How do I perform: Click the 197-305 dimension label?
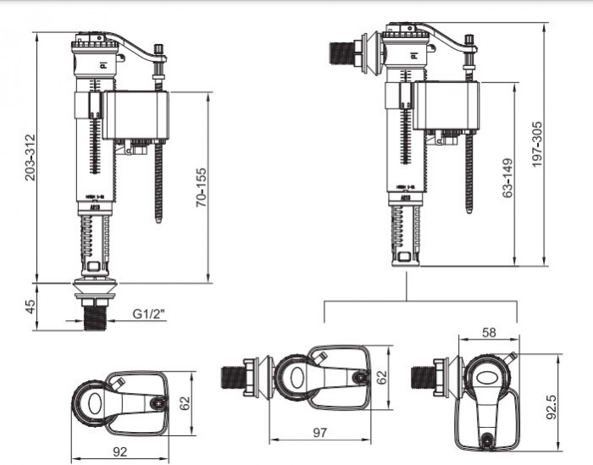[x=537, y=144]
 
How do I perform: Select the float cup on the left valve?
[x=135, y=115]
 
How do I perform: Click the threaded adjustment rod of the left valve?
[x=158, y=178]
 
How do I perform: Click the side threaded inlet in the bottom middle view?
[x=233, y=378]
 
